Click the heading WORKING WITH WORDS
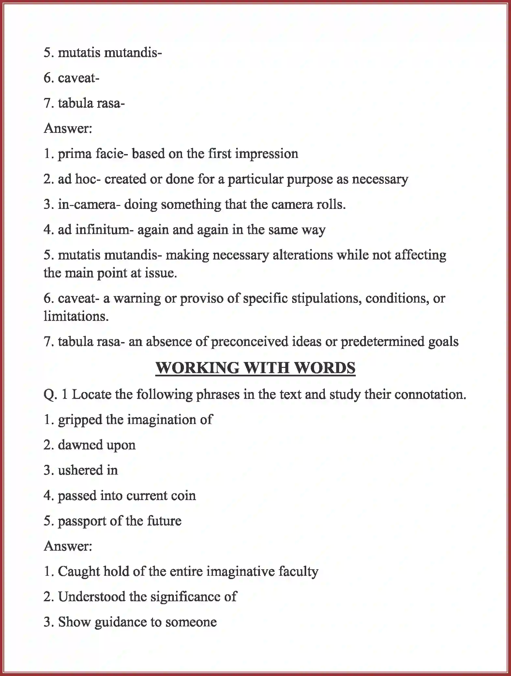(255, 368)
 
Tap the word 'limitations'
(75, 316)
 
